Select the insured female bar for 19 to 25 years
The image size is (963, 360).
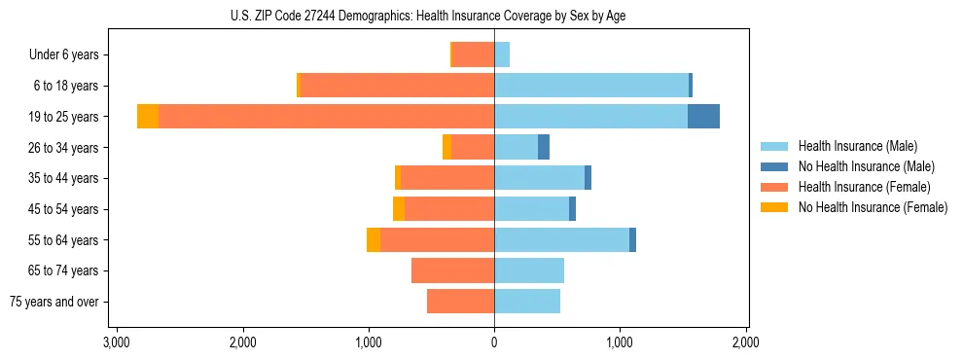point(326,117)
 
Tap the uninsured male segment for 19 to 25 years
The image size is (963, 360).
point(703,117)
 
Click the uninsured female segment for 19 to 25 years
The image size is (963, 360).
point(148,117)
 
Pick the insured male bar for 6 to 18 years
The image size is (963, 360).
point(591,86)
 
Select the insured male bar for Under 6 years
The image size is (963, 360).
point(502,54)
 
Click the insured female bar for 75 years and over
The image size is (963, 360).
point(460,302)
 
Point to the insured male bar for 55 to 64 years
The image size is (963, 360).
point(561,240)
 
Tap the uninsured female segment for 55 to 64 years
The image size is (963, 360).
point(374,240)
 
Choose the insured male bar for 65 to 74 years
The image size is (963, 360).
point(529,270)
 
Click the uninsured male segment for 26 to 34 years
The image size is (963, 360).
point(544,147)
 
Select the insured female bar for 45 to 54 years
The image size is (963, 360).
point(449,209)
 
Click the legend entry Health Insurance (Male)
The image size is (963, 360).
point(857,146)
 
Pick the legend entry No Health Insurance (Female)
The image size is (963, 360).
point(873,207)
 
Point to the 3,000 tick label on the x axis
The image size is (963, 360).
point(117,342)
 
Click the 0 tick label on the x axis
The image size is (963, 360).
point(494,342)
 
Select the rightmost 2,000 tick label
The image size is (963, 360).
point(746,342)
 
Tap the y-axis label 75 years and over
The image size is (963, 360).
point(53,302)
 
